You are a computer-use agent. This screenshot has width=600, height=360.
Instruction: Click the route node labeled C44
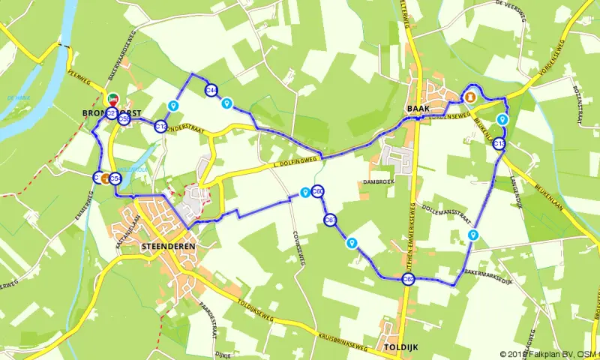211,90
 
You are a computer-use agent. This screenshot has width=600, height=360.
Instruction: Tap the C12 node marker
161,126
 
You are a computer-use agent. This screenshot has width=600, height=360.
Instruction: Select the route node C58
124,118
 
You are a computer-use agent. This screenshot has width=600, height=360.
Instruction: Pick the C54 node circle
115,178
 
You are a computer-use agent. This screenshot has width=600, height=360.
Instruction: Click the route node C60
318,191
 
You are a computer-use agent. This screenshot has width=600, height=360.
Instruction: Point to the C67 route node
330,220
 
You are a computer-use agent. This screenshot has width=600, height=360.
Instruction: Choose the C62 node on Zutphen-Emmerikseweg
408,280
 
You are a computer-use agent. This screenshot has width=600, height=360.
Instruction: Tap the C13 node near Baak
500,144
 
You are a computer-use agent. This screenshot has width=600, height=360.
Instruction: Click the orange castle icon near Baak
471,97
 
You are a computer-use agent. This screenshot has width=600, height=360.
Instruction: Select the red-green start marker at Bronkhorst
112,99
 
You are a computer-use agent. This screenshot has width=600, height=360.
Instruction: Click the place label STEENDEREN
168,246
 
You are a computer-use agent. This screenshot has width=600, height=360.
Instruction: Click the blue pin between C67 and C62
351,242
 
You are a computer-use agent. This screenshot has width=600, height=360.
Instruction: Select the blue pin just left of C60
304,193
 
